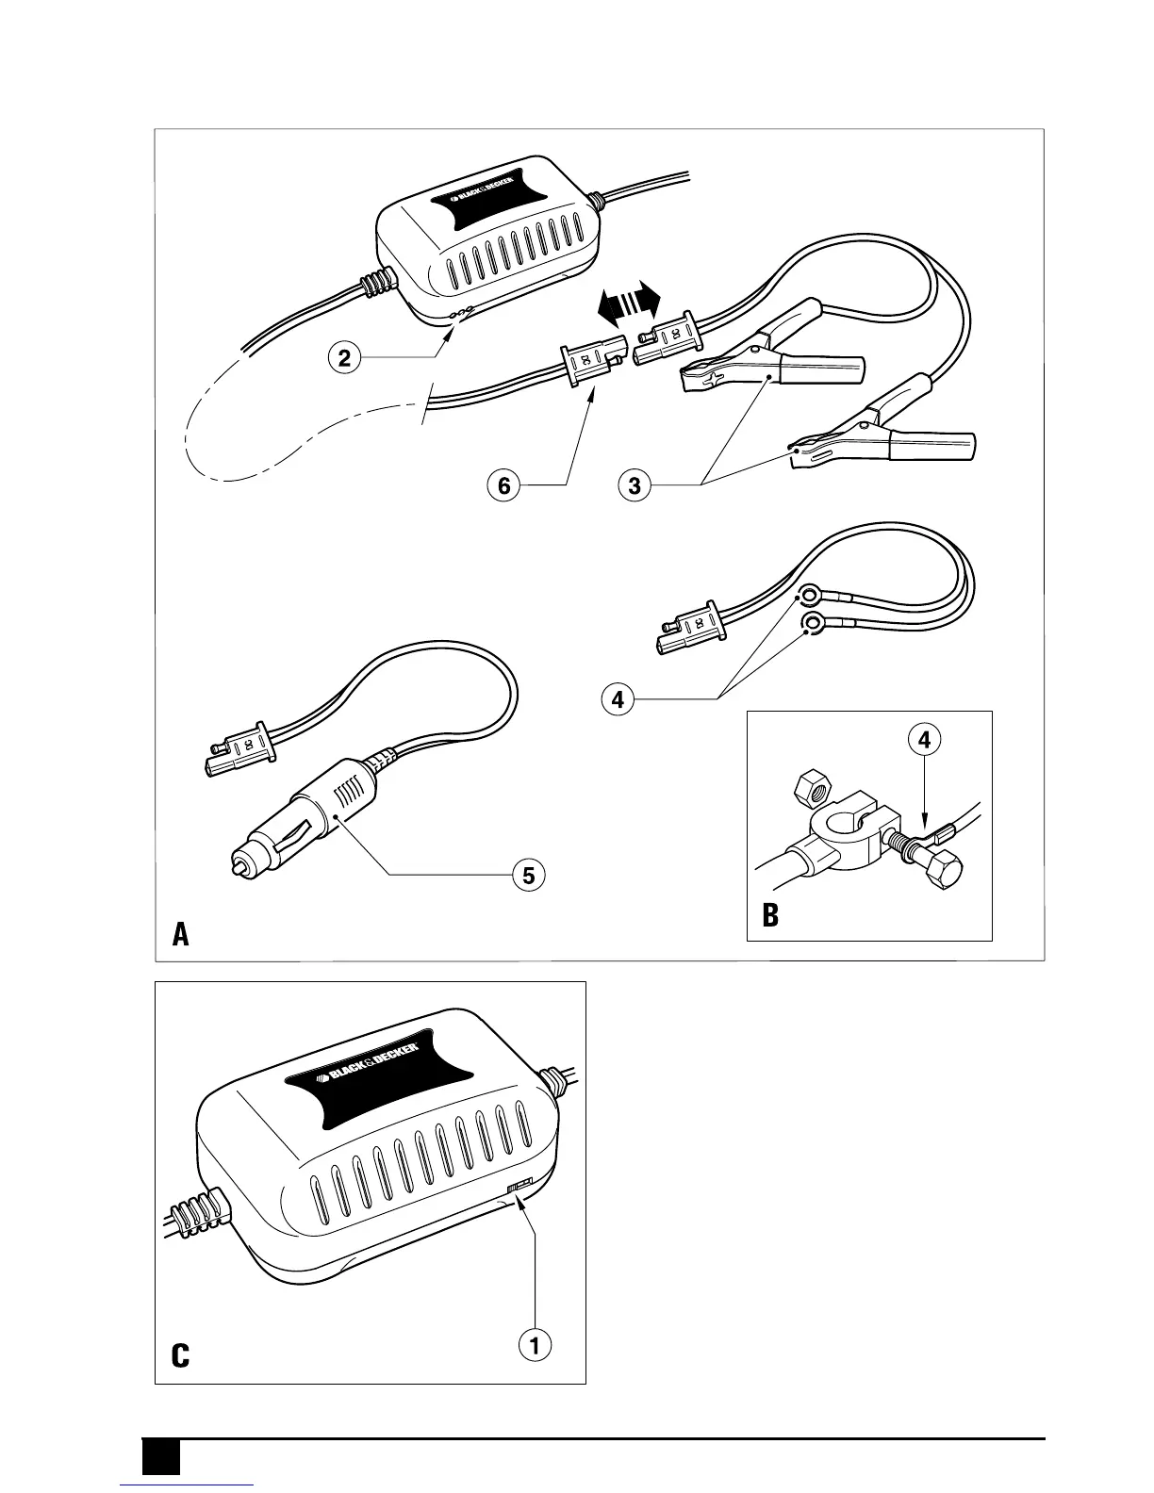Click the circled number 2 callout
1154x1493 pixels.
tap(345, 357)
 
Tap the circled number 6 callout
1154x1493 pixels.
tap(504, 485)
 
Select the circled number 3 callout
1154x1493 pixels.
tap(635, 485)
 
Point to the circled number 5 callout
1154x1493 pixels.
tap(528, 876)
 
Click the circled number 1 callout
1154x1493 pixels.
tap(536, 1345)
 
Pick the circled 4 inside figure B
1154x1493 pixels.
tap(924, 740)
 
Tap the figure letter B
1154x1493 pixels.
tap(770, 916)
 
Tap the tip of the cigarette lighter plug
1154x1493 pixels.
tap(237, 861)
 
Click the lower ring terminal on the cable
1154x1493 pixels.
tap(809, 622)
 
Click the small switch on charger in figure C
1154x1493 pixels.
tap(520, 1185)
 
